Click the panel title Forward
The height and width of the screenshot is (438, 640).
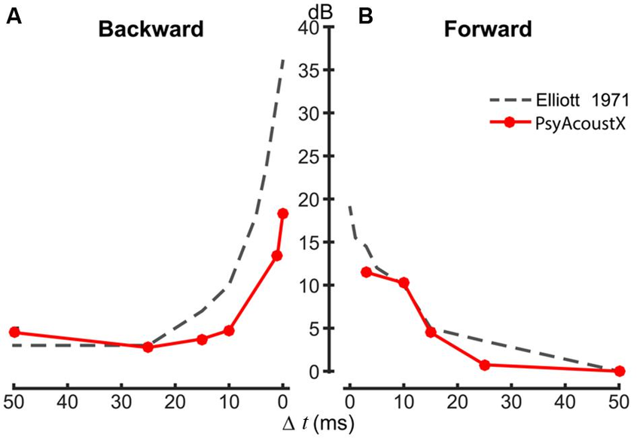(x=488, y=30)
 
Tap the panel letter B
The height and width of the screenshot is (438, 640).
(x=366, y=17)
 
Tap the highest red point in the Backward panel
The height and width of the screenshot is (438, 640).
(x=283, y=213)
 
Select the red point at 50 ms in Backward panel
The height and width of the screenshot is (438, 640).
(x=14, y=332)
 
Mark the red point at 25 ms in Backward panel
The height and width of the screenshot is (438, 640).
(x=148, y=347)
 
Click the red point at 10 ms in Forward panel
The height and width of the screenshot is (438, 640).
(x=404, y=283)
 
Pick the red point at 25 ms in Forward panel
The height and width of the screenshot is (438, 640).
(x=484, y=365)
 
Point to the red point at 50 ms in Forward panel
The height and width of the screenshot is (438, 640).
(x=620, y=371)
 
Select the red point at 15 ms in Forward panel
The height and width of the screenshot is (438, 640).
(x=431, y=332)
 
